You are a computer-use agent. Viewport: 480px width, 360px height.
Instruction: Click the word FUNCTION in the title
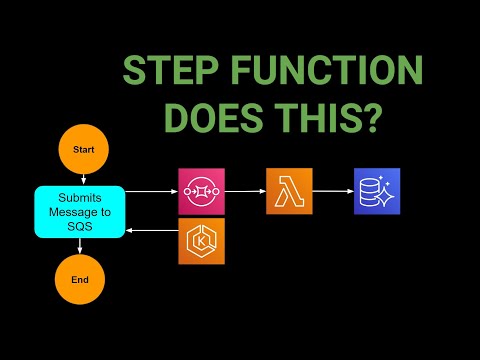(x=334, y=73)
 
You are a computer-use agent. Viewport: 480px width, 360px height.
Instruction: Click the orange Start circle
(x=83, y=149)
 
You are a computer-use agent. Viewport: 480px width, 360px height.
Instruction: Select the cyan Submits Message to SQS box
(x=81, y=211)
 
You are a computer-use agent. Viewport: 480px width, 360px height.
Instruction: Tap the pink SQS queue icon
(x=201, y=191)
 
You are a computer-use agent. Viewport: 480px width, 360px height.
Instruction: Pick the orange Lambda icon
(x=289, y=191)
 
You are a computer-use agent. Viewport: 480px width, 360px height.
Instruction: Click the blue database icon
(x=377, y=191)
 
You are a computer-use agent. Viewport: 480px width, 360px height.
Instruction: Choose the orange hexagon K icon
(x=201, y=241)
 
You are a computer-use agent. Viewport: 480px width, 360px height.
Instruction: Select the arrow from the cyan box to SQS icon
(x=152, y=191)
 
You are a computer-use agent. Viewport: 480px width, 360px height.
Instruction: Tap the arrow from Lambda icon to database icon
(x=333, y=191)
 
